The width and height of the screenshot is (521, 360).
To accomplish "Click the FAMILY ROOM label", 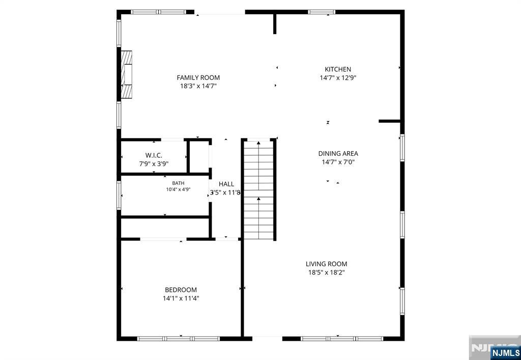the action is pyautogui.click(x=198, y=78).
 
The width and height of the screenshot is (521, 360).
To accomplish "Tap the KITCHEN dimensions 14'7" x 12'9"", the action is pyautogui.click(x=338, y=78).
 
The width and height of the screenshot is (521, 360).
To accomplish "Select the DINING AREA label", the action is pyautogui.click(x=338, y=154).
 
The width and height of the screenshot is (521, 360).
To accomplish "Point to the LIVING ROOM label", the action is pyautogui.click(x=326, y=264).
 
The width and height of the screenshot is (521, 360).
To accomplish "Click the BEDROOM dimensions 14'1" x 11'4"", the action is pyautogui.click(x=181, y=298).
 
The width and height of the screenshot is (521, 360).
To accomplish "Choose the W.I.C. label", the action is pyautogui.click(x=154, y=155).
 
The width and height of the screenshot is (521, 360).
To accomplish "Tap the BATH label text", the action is pyautogui.click(x=178, y=183).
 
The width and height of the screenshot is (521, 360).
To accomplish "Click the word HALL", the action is pyautogui.click(x=226, y=184).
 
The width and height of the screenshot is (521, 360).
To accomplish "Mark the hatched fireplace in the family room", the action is pyautogui.click(x=126, y=74).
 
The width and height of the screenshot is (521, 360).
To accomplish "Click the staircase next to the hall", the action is pyautogui.click(x=258, y=189).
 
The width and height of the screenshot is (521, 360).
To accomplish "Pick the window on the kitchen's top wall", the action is pyautogui.click(x=322, y=12).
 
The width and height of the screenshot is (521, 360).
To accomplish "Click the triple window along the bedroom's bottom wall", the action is pyautogui.click(x=179, y=339).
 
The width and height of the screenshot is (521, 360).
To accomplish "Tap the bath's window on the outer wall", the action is pyautogui.click(x=119, y=195).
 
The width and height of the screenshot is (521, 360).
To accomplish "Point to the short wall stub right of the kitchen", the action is pyautogui.click(x=390, y=121).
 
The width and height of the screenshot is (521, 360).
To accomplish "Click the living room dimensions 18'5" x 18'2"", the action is pyautogui.click(x=326, y=272).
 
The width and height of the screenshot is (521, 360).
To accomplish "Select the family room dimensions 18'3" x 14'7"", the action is pyautogui.click(x=198, y=86).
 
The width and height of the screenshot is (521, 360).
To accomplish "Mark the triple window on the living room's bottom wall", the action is pyautogui.click(x=342, y=339).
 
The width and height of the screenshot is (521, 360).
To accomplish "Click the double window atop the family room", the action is pyautogui.click(x=158, y=12).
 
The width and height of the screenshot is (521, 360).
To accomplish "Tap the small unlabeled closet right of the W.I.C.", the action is pyautogui.click(x=199, y=156).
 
